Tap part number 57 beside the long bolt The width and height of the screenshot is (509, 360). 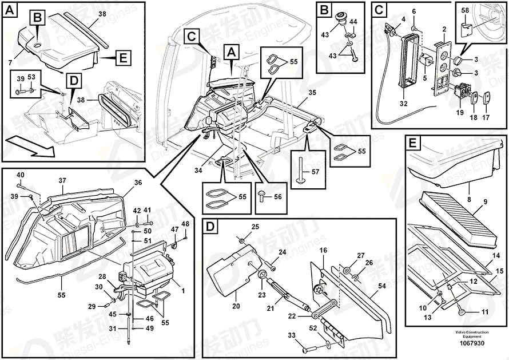pos(313,171)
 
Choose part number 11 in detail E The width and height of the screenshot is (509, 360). pos(485,312)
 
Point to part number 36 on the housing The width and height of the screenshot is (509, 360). pos(137,183)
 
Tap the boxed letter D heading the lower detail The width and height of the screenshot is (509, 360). pos(210,227)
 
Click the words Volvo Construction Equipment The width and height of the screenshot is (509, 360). pos(471,334)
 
